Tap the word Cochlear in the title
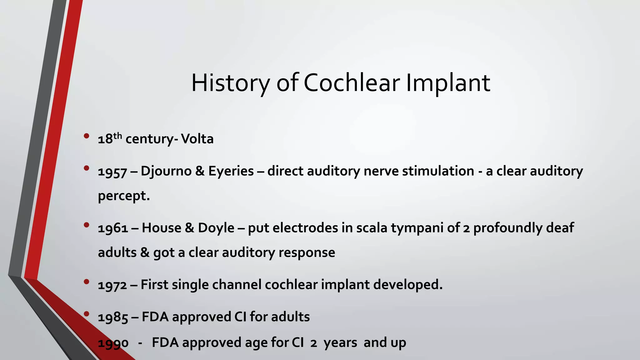[352, 83]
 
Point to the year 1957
[112, 172]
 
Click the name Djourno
[166, 171]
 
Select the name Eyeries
[231, 171]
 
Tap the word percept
[123, 196]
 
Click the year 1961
[113, 228]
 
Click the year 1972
[112, 285]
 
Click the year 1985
[113, 317]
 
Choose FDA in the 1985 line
[155, 317]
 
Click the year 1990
[113, 343]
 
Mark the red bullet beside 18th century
[87, 136]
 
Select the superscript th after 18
[117, 135]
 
